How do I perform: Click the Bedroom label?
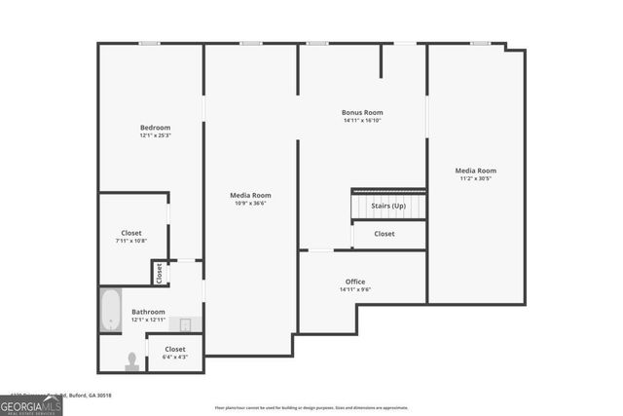[x=155, y=128]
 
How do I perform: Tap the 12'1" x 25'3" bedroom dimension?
[x=155, y=135]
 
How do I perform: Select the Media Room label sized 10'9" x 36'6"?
[x=250, y=195]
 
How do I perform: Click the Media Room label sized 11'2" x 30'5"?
[x=476, y=170]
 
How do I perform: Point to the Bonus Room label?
[x=361, y=112]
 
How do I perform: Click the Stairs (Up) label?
[x=388, y=206]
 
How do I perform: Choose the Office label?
[x=355, y=282]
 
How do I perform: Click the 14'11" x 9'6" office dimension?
[x=355, y=289]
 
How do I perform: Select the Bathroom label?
[x=149, y=312]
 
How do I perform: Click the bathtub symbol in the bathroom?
[x=111, y=311]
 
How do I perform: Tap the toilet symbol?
[x=132, y=359]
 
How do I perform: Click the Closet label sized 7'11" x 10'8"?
[x=131, y=233]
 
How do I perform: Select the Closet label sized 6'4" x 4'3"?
[x=175, y=349]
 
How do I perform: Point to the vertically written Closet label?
[x=160, y=273]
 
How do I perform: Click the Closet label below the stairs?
[x=385, y=234]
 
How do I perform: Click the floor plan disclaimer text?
[x=311, y=407]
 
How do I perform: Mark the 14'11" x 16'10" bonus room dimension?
[x=361, y=120]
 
